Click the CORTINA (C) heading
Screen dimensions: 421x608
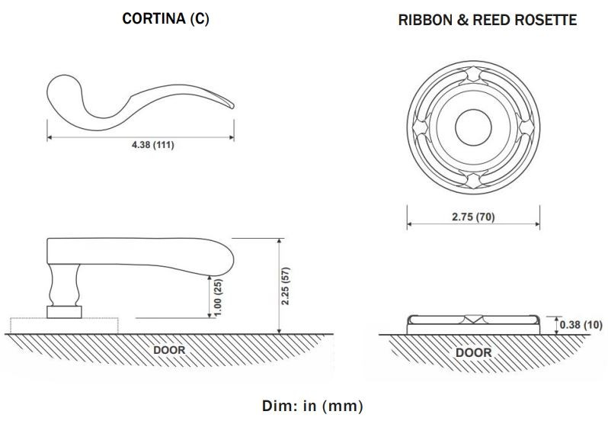(x=165, y=20)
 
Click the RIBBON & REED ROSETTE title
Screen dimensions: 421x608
(x=488, y=21)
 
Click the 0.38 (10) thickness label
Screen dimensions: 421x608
(x=581, y=325)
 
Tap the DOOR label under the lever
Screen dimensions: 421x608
(x=169, y=350)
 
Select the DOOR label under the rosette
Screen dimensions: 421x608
(x=473, y=352)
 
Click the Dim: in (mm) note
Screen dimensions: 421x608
(x=303, y=405)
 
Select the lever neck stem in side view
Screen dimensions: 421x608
(x=64, y=284)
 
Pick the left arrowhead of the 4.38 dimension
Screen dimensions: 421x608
(x=51, y=137)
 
